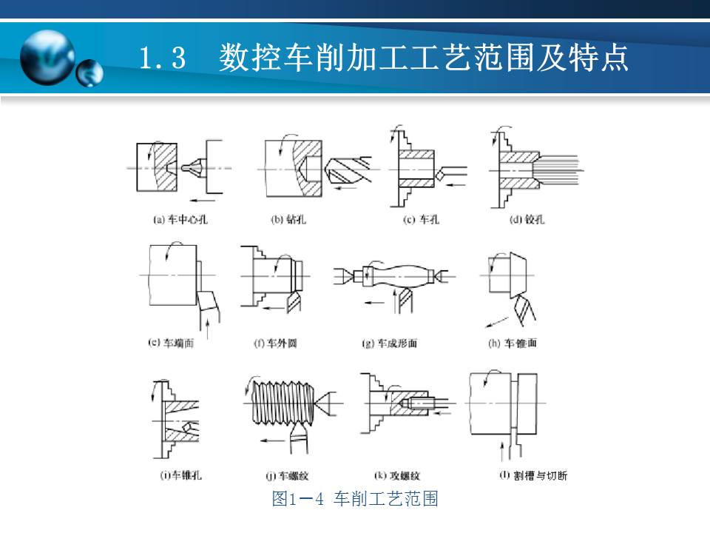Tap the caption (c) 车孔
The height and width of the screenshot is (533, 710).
[421, 220]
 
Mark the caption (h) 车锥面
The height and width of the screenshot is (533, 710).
[511, 343]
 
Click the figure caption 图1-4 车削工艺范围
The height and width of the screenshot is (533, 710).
[355, 499]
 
